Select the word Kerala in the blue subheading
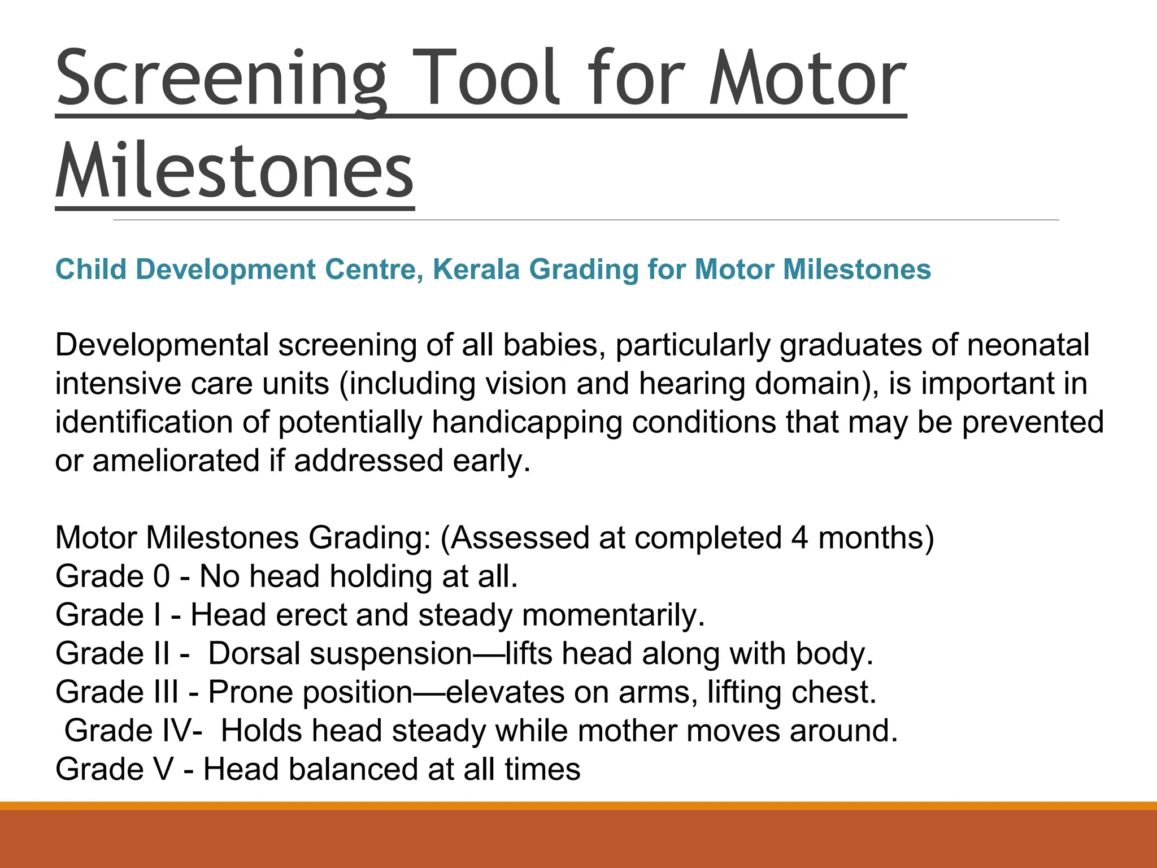(476, 269)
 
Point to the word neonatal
(1028, 345)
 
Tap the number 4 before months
(799, 537)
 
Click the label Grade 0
(112, 576)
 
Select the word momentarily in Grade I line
(613, 615)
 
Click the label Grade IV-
(133, 731)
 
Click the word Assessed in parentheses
(520, 537)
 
